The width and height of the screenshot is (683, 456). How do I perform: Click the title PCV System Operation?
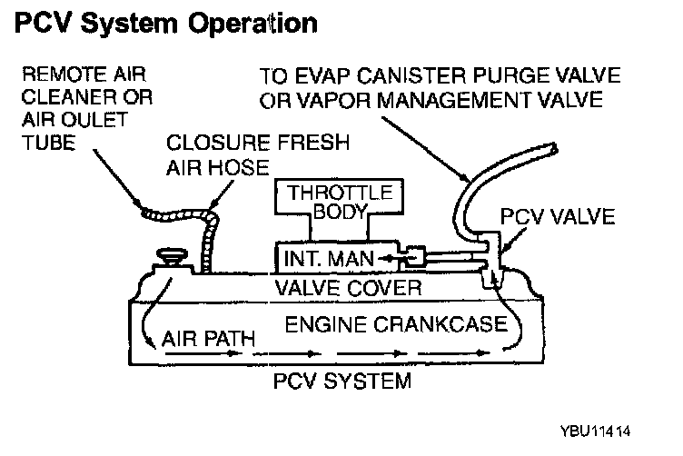click(166, 23)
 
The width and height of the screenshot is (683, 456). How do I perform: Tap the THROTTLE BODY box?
click(340, 196)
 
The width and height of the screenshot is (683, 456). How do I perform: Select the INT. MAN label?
click(329, 259)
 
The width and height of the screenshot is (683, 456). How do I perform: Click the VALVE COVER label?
click(348, 288)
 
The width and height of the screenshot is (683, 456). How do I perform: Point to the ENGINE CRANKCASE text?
click(396, 324)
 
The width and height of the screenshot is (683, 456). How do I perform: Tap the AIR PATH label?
click(208, 339)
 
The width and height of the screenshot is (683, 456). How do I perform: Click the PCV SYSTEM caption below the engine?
click(341, 382)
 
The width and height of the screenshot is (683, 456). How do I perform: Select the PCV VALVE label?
click(557, 216)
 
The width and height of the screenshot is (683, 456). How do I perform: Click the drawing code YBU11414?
click(595, 431)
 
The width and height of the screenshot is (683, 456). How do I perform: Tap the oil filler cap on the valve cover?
click(172, 256)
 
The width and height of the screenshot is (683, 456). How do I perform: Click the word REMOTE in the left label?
click(64, 74)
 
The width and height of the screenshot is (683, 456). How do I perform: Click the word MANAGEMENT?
click(454, 100)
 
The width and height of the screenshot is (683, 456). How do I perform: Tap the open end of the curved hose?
click(554, 148)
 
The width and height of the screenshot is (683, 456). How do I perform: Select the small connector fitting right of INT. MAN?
click(414, 257)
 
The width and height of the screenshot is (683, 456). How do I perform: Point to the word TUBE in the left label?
click(49, 143)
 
